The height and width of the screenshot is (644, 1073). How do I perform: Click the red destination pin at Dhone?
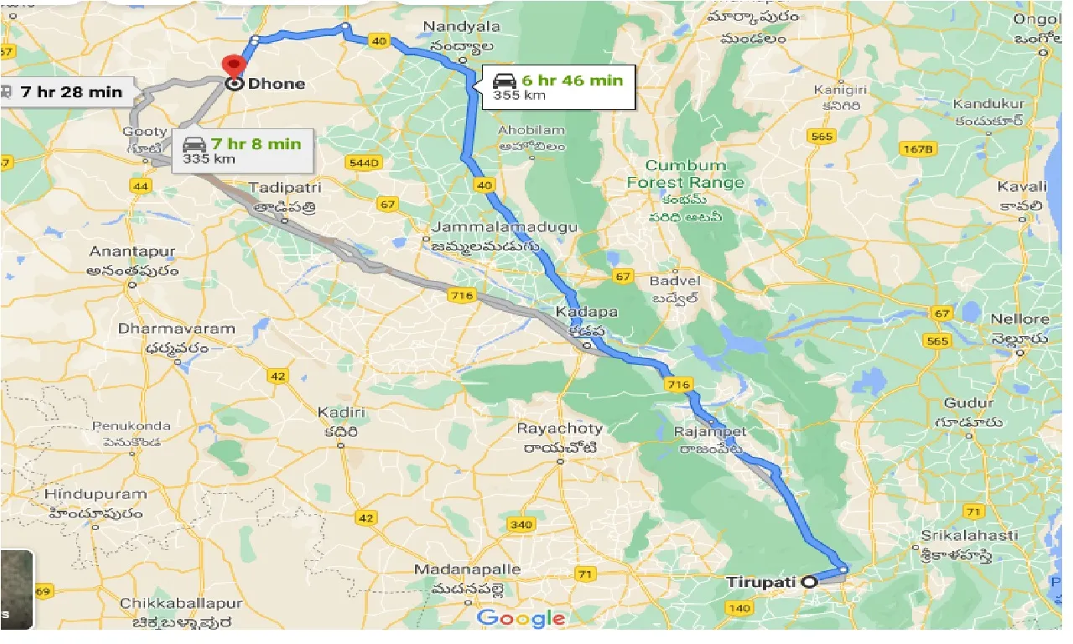231,65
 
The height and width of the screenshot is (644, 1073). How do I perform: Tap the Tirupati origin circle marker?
809,582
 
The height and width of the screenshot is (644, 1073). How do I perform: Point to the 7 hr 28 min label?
71,91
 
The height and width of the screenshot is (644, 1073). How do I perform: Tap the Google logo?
521,619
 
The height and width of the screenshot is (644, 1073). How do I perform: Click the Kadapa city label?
587,312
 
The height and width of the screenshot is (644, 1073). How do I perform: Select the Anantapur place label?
133,252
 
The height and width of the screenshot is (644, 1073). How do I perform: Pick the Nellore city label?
1020,319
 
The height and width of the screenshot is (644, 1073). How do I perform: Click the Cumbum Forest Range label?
685,174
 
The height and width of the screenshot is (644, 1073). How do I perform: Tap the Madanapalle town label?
467,569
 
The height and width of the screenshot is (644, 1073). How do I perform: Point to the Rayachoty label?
559,428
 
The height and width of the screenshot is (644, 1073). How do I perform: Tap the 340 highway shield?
521,525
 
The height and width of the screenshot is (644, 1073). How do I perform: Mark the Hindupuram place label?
95,494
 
